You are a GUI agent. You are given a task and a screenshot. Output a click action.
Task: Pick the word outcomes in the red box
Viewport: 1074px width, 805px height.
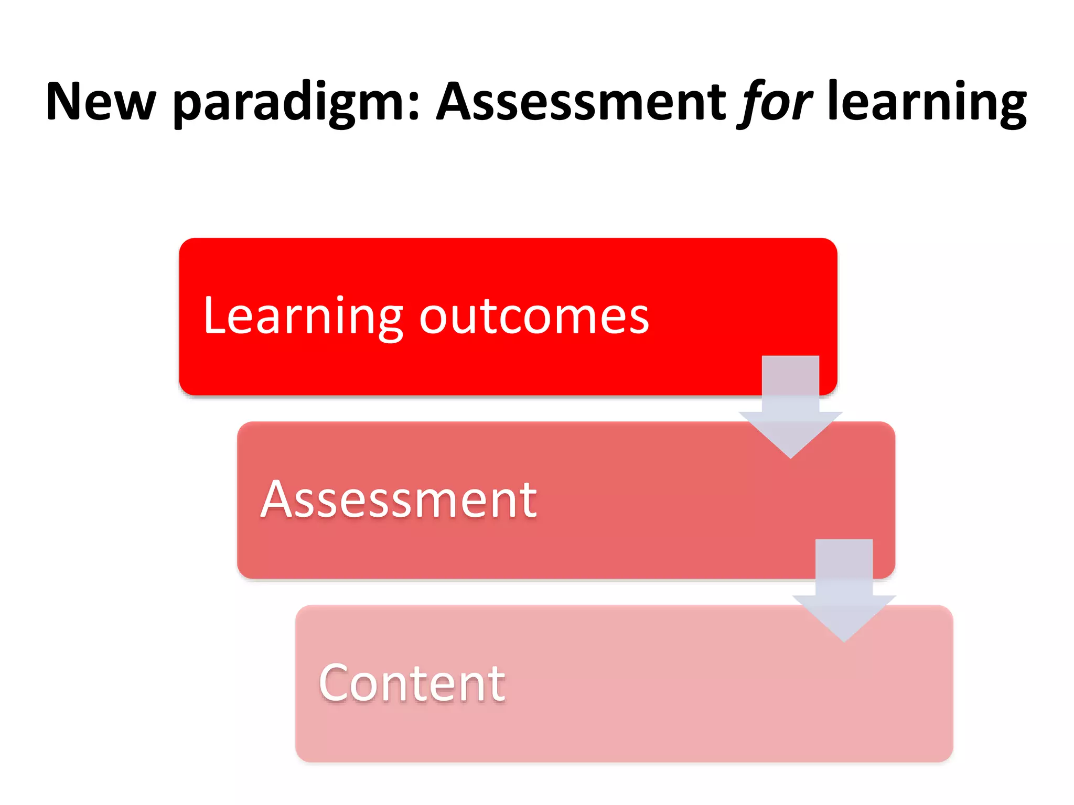534,317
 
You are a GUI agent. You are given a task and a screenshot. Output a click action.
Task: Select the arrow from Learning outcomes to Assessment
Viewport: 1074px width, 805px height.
790,404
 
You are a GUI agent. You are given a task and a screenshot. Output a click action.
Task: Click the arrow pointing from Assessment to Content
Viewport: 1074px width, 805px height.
844,587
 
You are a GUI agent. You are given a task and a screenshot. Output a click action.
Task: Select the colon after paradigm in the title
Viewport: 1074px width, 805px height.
414,107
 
